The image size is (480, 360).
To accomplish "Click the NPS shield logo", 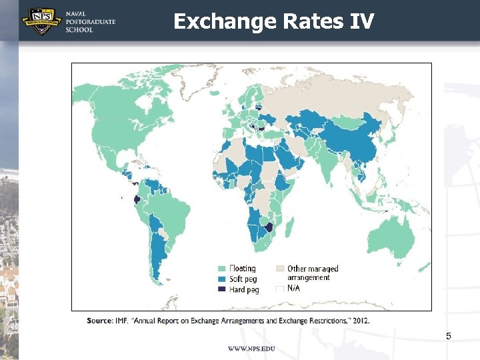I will pyautogui.click(x=42, y=21).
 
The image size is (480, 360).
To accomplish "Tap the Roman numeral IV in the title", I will pyautogui.click(x=361, y=21).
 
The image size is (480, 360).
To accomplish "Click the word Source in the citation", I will pyautogui.click(x=99, y=320).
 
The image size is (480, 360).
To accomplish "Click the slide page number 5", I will pyautogui.click(x=449, y=336).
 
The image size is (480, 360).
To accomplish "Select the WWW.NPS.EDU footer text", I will pyautogui.click(x=251, y=349).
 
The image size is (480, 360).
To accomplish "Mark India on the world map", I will pyautogui.click(x=327, y=163).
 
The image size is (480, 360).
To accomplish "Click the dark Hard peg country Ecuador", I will pyautogui.click(x=137, y=199).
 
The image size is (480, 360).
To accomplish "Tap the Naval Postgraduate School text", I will pyautogui.click(x=90, y=22).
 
